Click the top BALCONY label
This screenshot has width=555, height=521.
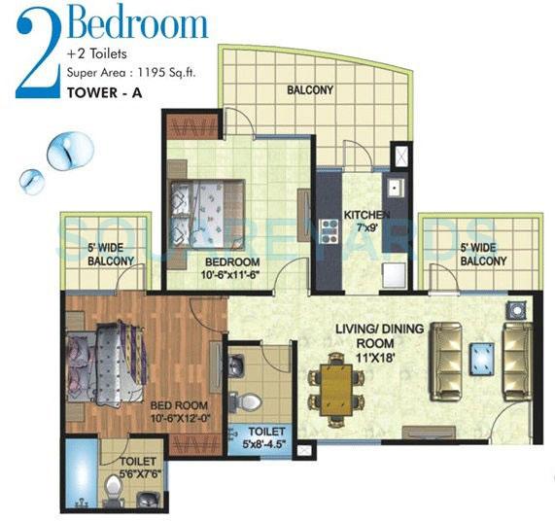tap(310, 91)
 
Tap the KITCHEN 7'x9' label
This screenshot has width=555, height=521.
tap(367, 222)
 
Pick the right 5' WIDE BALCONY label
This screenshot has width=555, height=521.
tap(483, 255)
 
